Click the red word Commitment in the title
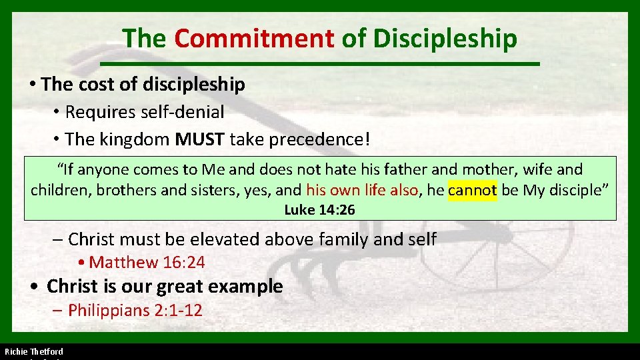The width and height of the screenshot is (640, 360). (254, 38)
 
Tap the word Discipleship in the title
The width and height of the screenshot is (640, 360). (445, 38)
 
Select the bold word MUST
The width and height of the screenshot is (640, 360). (199, 139)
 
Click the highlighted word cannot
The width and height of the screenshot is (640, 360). (473, 190)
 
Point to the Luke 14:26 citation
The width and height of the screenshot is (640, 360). (319, 210)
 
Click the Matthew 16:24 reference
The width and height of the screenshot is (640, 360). (147, 262)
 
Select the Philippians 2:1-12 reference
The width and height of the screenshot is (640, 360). (135, 310)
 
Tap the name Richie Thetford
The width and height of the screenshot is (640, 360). (34, 351)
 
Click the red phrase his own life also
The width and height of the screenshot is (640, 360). (362, 190)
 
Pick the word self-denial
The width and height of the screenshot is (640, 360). (182, 112)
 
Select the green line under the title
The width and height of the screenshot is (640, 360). (319, 63)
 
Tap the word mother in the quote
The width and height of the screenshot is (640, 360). (485, 170)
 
